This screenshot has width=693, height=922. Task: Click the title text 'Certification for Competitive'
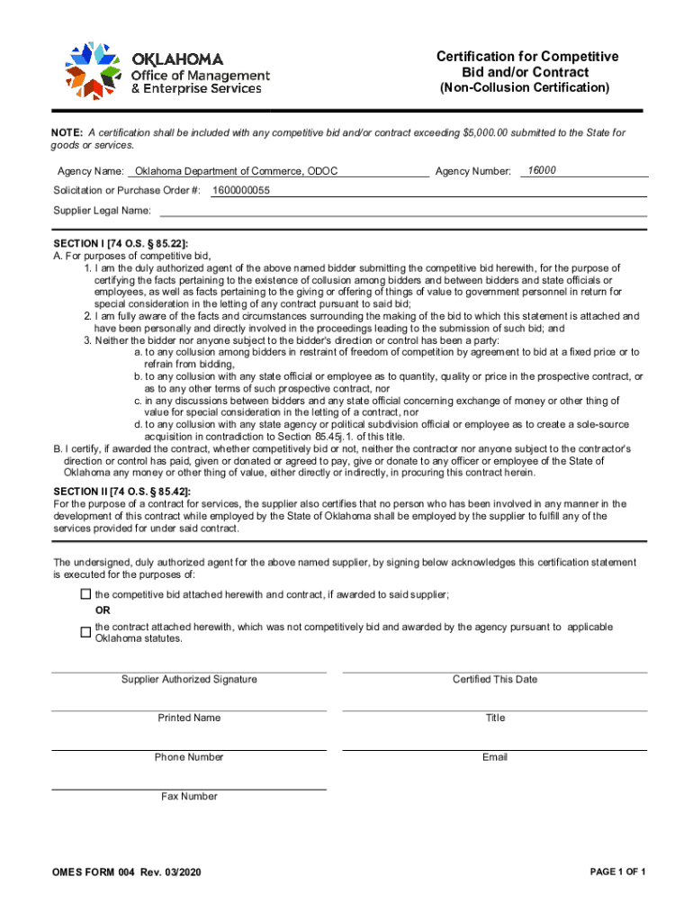526,57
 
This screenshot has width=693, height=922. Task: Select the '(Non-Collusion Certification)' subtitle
524,88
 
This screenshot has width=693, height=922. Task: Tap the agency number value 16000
542,170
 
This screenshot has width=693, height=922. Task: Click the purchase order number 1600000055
241,191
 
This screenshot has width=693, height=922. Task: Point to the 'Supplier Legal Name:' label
102,211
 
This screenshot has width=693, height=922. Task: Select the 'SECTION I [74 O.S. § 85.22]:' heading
121,244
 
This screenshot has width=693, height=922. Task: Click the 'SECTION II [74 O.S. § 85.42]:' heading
122,491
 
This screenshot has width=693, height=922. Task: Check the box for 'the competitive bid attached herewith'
85,594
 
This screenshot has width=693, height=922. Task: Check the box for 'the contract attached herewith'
85,633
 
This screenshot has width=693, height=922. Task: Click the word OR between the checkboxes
103,610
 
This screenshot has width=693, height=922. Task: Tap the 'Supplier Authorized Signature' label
189,679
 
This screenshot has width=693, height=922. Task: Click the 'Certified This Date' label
495,679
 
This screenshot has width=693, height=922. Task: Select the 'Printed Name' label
189,718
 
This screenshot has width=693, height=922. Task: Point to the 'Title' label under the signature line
495,718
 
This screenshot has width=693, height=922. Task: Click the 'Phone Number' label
189,757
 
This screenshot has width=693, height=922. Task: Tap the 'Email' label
495,757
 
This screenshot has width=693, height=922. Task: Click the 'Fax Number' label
189,796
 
